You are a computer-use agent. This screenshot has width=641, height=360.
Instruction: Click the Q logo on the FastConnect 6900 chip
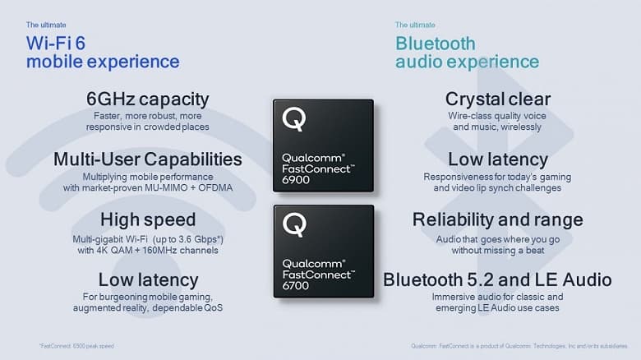pos(293,120)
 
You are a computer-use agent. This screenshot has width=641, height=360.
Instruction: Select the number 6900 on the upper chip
pos(297,179)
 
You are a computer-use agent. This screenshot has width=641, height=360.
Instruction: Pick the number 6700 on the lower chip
pos(297,284)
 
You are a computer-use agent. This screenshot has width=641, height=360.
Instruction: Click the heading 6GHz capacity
pos(147,99)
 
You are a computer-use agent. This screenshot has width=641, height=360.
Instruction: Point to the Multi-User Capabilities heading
pos(147,159)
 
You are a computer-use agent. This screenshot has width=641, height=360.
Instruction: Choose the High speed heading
pos(147,219)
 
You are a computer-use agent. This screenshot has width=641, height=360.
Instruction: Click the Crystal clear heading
pos(497,99)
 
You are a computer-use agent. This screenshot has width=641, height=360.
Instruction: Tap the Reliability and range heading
pos(497,219)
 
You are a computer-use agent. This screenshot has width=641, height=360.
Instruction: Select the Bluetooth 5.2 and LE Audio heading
pos(497,280)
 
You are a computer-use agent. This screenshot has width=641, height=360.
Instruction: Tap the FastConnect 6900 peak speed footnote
pos(75,344)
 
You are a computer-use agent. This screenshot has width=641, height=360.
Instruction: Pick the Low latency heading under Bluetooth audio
pos(497,159)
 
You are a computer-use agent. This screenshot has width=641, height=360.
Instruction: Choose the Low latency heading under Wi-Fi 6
pos(147,280)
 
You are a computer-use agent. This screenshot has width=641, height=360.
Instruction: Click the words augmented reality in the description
pos(108,308)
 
